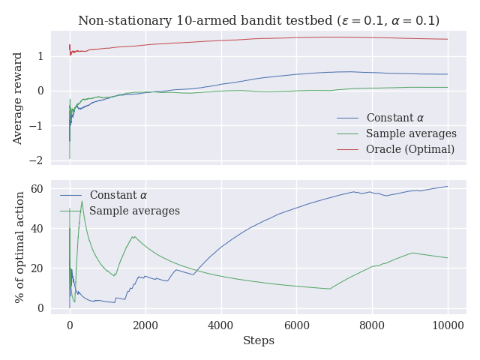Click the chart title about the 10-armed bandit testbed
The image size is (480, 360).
259,20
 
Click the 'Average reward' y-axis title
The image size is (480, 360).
18,98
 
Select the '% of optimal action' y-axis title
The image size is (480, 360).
18,246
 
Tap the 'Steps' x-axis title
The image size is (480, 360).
259,340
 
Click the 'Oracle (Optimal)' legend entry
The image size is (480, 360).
409,149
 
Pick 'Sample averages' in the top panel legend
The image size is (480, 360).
411,133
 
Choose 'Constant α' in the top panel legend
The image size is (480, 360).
394,118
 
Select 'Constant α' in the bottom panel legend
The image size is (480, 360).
118,195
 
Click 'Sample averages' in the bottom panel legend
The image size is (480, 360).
134,211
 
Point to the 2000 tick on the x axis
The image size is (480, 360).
145,325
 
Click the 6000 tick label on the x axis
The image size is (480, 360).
296,325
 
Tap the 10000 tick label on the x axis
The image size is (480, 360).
448,325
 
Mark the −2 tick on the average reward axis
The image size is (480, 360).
38,160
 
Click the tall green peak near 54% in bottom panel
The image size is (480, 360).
82,201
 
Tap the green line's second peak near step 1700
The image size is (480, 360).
133,237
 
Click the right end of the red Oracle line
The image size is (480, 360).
448,39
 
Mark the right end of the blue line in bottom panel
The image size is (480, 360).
448,186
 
